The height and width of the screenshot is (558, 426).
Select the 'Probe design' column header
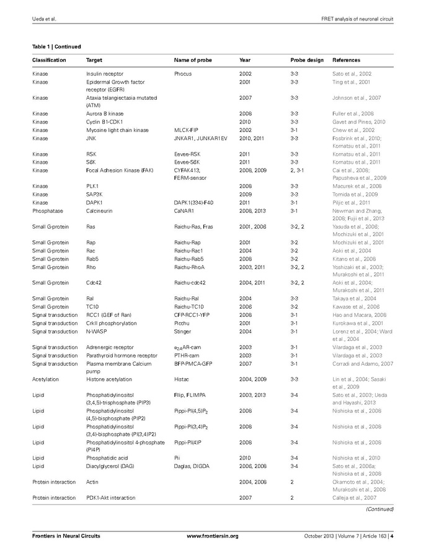[x=307, y=60]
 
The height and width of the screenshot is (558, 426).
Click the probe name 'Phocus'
[x=183, y=74]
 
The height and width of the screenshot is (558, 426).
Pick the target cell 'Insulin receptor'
[x=104, y=74]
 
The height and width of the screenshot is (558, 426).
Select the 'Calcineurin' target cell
[x=99, y=211]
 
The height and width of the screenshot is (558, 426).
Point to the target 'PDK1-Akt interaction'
[x=110, y=498]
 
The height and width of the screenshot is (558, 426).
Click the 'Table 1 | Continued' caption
[x=56, y=46]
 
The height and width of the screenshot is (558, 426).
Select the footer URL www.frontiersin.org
[x=213, y=536]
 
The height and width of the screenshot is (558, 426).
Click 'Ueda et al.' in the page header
[x=44, y=19]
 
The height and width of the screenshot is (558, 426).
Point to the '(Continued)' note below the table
[x=379, y=509]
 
